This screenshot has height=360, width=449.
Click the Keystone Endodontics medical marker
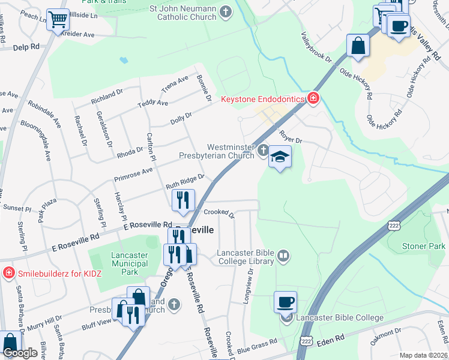pyautogui.click(x=313, y=99)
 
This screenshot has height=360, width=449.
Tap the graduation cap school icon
pyautogui.click(x=279, y=157)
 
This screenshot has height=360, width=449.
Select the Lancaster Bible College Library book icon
pyautogui.click(x=283, y=257)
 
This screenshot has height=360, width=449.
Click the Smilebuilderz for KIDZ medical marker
pyautogui.click(x=8, y=274)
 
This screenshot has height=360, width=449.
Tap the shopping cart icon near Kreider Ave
pyautogui.click(x=58, y=20)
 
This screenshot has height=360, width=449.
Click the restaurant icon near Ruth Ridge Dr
pyautogui.click(x=183, y=200)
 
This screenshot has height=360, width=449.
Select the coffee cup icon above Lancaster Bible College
pyautogui.click(x=286, y=301)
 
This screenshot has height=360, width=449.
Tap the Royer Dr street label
pyautogui.click(x=289, y=137)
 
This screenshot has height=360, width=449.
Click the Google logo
pyautogui.click(x=19, y=353)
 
